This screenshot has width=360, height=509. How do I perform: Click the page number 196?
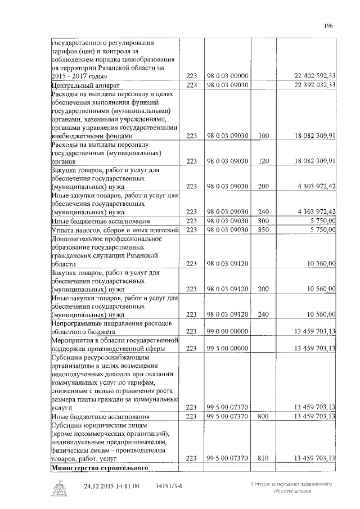pyautogui.click(x=330, y=25)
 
